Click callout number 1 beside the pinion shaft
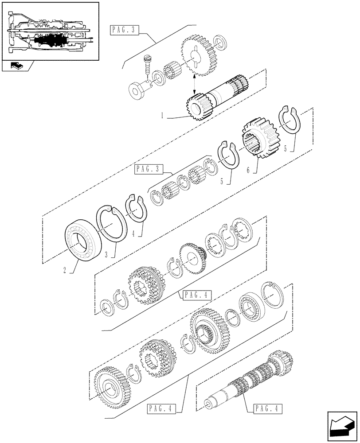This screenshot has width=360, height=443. [x=163, y=115]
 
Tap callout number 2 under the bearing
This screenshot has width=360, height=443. [x=65, y=269]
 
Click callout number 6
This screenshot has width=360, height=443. [x=248, y=171]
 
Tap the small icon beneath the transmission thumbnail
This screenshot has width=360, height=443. [x=16, y=66]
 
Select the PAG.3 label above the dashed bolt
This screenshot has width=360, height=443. [x=125, y=31]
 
